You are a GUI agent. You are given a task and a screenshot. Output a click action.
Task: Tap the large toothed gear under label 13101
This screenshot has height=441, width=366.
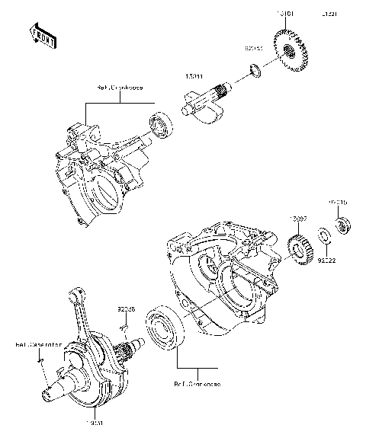(290, 53)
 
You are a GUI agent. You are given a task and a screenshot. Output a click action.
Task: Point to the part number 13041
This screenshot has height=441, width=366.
(194, 76)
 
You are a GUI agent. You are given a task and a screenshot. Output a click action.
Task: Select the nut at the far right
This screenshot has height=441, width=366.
(342, 224)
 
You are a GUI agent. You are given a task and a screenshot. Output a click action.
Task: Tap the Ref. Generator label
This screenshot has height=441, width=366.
(38, 344)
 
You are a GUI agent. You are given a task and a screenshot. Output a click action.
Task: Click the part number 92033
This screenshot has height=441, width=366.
(254, 48)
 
